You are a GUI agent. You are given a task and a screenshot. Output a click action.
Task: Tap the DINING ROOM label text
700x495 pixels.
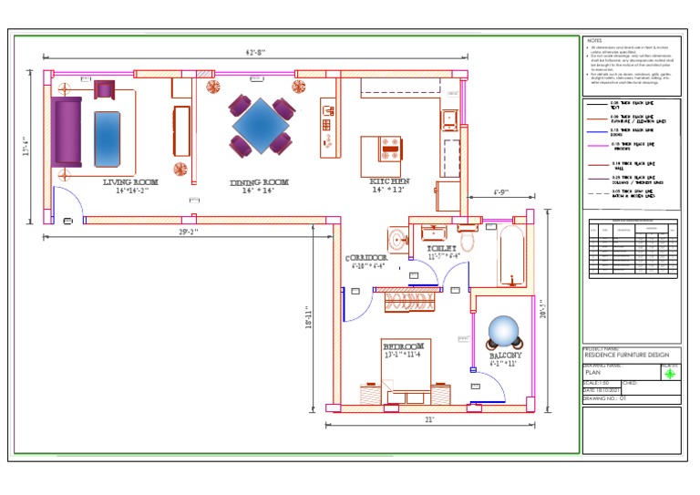click(259, 182)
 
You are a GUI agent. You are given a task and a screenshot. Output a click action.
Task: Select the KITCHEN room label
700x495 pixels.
click(390, 181)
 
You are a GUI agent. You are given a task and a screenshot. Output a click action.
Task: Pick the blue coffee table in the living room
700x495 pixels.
click(108, 138)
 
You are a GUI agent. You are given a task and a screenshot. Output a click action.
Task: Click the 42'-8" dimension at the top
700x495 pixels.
click(255, 53)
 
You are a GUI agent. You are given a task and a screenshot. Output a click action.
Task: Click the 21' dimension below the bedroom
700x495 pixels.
click(428, 419)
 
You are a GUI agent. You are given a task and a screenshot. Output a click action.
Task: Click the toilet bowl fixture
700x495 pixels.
click(468, 242)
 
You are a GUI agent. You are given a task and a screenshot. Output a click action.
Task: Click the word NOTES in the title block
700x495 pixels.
click(594, 41)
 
